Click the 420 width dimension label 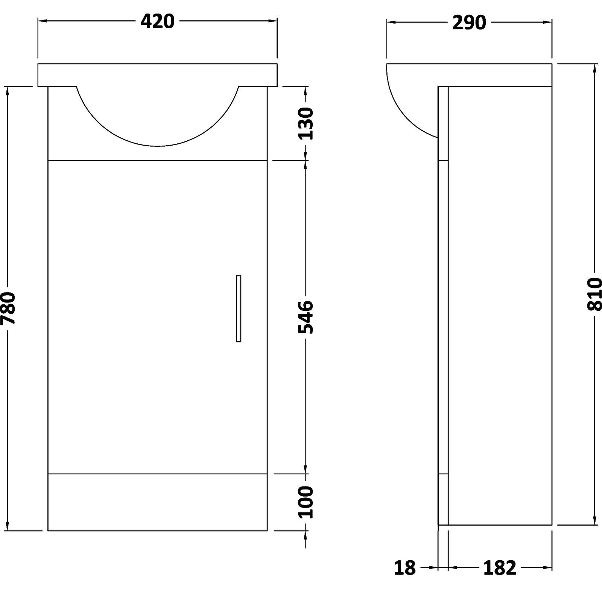158,21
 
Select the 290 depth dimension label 469,23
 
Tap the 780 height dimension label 8,308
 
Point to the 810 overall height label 594,294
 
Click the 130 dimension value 306,123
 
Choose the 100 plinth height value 306,502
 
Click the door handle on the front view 239,309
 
